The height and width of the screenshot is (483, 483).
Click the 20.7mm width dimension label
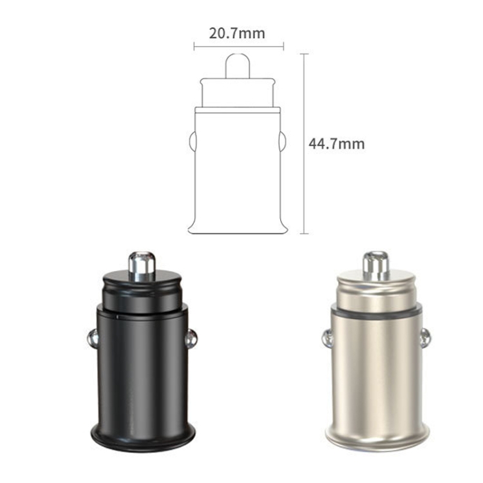[x=237, y=33]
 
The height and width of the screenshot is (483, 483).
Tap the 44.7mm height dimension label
[x=336, y=144]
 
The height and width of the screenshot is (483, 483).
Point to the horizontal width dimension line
[x=239, y=47]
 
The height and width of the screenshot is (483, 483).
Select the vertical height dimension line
[x=304, y=144]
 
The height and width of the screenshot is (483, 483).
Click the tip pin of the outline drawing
[x=238, y=66]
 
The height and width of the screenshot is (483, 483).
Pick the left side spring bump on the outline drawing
[x=193, y=142]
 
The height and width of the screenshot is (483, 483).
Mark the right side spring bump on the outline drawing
[x=282, y=142]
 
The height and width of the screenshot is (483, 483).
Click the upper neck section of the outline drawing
[x=238, y=93]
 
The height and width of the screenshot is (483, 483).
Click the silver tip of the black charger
[x=142, y=266]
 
